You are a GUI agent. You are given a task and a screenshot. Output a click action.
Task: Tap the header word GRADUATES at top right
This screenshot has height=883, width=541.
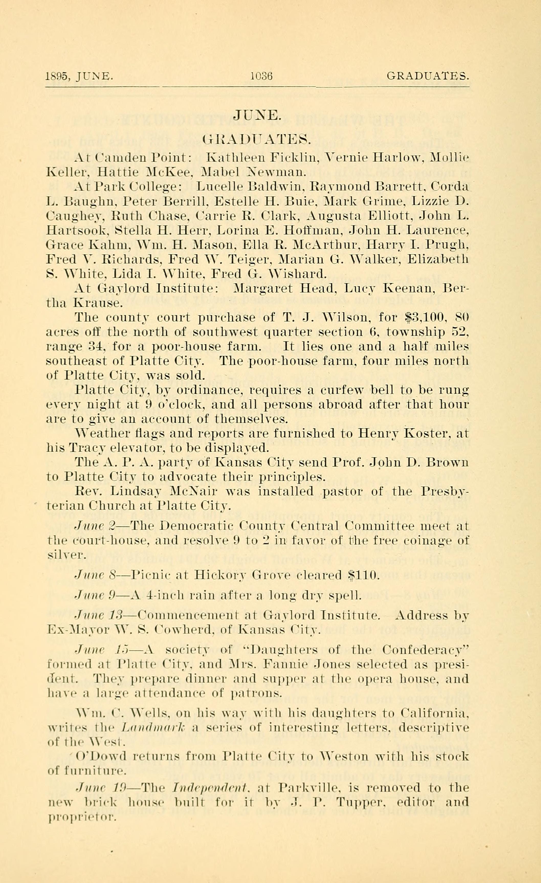pyautogui.click(x=427, y=76)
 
